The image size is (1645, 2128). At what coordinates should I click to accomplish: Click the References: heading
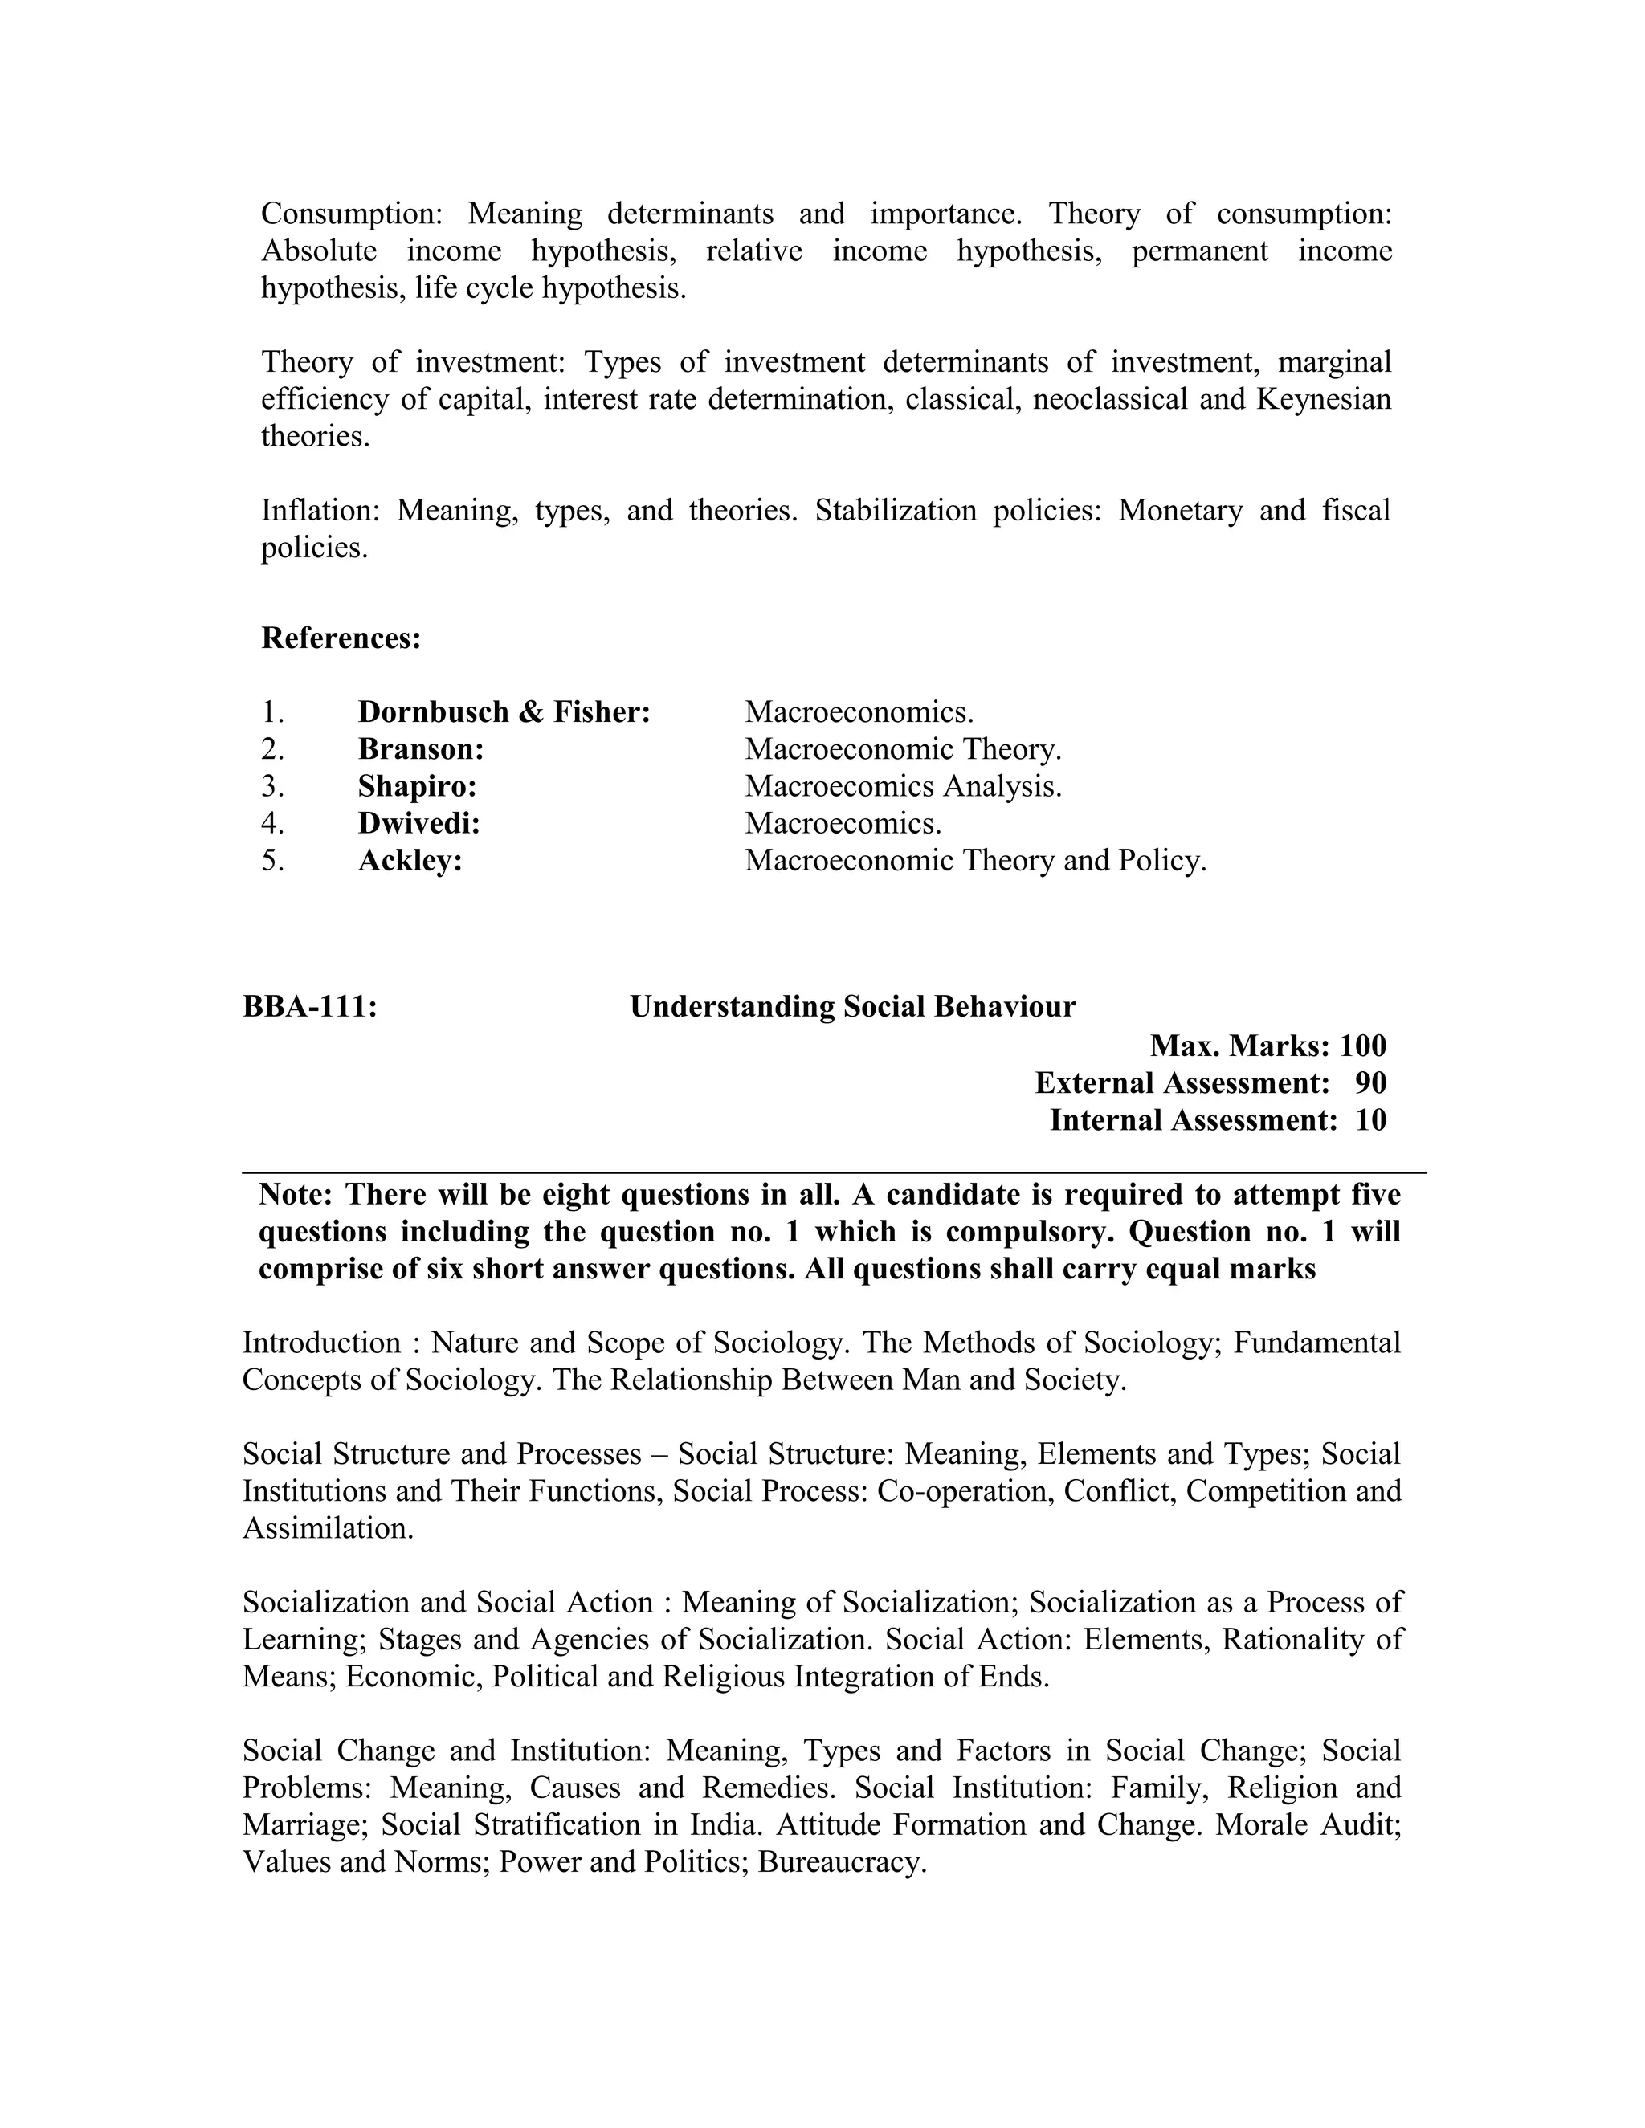[341, 639]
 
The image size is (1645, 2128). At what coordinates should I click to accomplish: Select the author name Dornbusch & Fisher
[504, 712]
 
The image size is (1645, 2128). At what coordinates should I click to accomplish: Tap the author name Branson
[421, 749]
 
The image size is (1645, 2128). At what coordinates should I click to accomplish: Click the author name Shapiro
[417, 786]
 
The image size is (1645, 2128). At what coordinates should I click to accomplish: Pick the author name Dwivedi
[419, 823]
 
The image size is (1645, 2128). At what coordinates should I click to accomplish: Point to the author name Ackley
[410, 860]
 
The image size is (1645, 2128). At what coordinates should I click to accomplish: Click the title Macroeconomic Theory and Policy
[975, 860]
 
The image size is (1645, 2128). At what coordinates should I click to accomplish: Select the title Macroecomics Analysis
[902, 786]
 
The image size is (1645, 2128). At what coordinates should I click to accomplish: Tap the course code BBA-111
[310, 1006]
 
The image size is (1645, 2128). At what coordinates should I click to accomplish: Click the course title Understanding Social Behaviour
[853, 1006]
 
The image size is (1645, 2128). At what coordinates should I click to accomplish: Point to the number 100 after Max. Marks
[1362, 1046]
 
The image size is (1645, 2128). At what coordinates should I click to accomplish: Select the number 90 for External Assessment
[1370, 1083]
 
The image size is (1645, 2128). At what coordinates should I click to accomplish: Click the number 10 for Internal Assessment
[1370, 1120]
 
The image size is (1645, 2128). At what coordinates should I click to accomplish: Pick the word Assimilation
[328, 1528]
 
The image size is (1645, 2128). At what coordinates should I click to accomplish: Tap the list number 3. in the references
[273, 786]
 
